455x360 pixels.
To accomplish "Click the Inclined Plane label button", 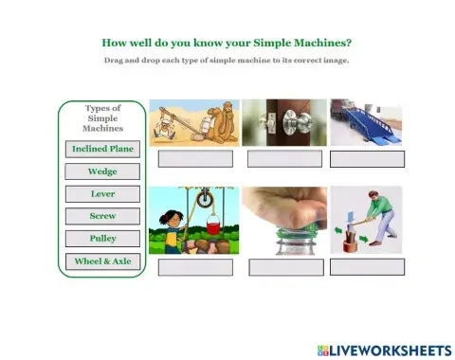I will [x=102, y=149].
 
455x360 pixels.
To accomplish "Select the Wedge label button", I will [x=102, y=171].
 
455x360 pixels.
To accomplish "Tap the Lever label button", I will [x=102, y=193].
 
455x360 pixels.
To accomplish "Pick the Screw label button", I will [x=102, y=216].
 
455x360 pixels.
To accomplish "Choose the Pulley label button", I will [x=102, y=239].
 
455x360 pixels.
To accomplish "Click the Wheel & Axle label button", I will [x=102, y=261].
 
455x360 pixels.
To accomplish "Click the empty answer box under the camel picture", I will [x=195, y=158].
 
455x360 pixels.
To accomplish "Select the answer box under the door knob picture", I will [x=284, y=158].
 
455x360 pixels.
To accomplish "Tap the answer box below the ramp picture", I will [x=367, y=158].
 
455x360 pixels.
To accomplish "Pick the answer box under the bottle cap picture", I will [x=285, y=266].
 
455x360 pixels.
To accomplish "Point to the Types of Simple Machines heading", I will [x=102, y=118].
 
